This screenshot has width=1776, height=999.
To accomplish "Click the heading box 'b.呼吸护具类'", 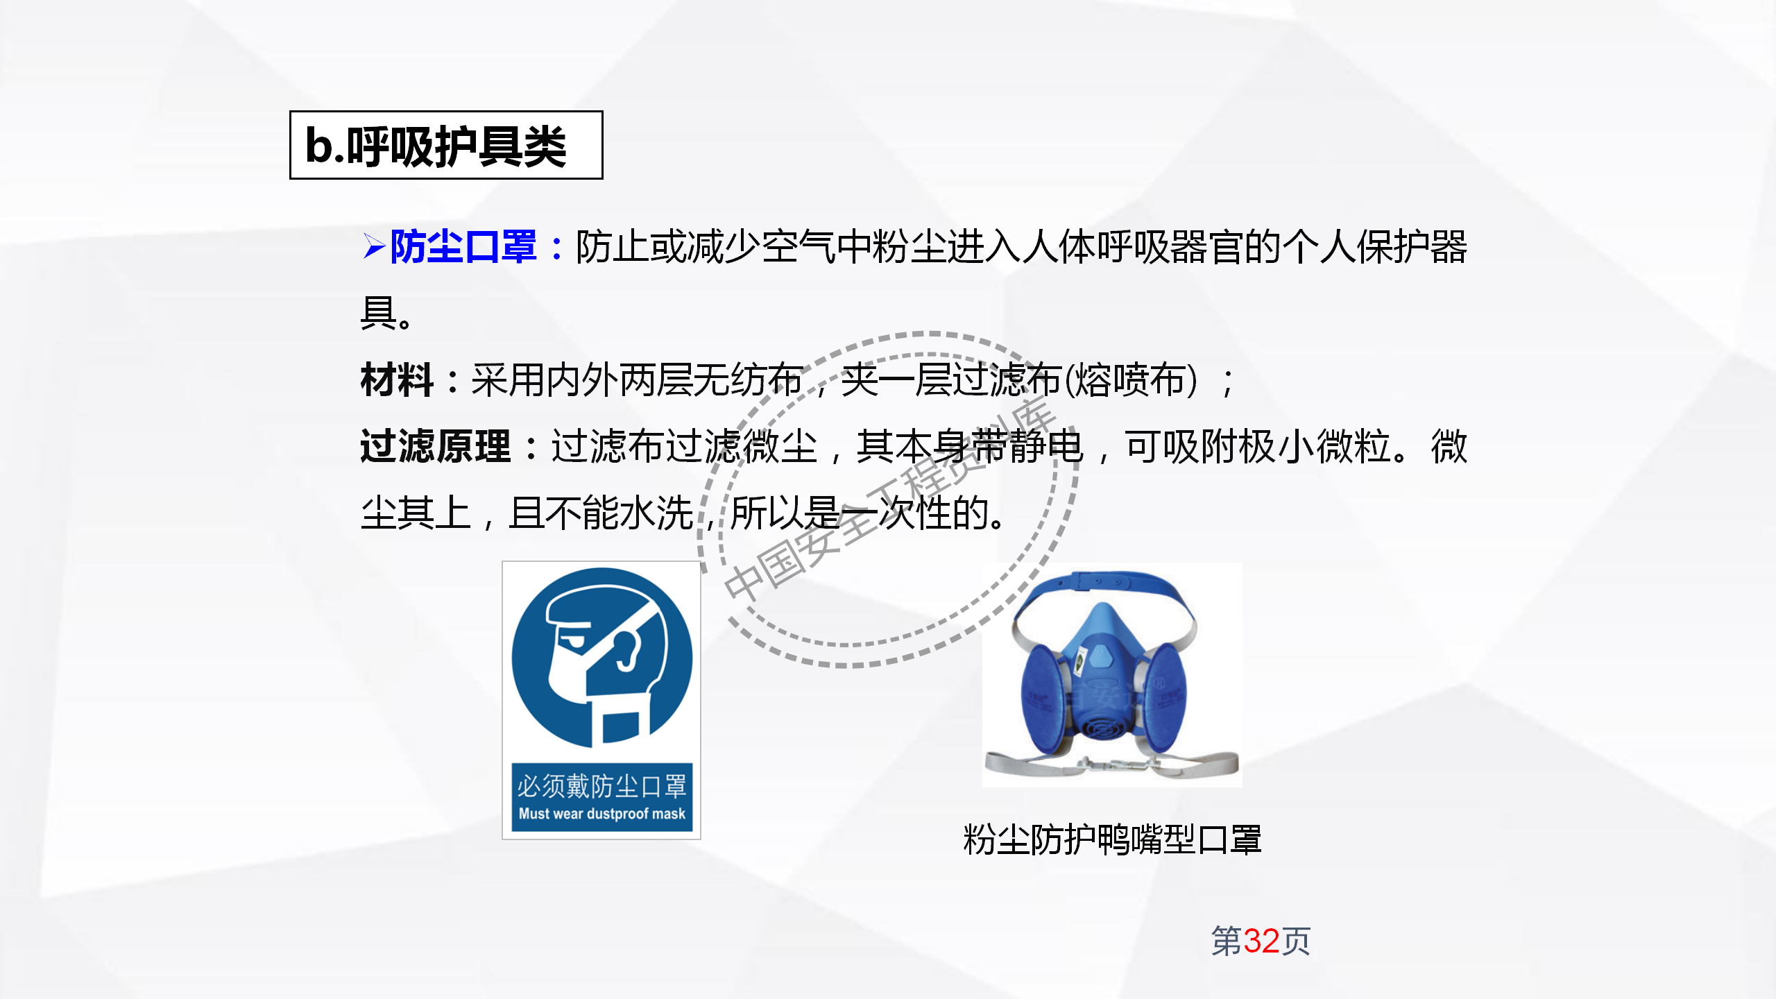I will [x=445, y=146].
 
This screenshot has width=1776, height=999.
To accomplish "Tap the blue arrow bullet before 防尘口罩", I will [x=373, y=247].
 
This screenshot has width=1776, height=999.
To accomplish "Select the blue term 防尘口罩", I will [x=463, y=247].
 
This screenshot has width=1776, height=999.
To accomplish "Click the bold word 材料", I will [x=397, y=381].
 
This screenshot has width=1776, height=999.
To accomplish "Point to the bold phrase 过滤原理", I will [x=435, y=447].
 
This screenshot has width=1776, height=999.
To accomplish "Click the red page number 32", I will [x=1261, y=941].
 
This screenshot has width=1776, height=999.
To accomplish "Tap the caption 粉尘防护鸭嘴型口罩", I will [x=1112, y=840].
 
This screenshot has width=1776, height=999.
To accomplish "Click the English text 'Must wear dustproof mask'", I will [x=601, y=814].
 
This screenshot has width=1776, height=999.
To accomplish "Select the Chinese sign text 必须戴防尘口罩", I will [x=601, y=787].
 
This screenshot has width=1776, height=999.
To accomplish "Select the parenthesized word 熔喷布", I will [x=1131, y=381].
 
